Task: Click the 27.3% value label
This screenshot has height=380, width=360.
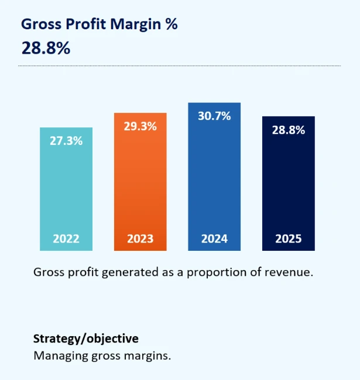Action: [x=66, y=141]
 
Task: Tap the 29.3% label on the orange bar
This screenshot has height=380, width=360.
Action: [x=140, y=126]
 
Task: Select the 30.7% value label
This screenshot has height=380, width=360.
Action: [x=214, y=116]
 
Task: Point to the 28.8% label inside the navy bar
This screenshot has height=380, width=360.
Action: [x=288, y=130]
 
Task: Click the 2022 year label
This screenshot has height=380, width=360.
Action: [x=66, y=239]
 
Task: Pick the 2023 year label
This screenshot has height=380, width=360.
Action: [x=140, y=239]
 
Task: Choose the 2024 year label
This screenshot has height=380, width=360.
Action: [x=214, y=239]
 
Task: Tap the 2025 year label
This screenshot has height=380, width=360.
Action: [x=288, y=239]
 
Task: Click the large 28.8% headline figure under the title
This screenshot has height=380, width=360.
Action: [x=46, y=48]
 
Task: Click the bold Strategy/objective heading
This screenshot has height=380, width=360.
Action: [x=86, y=338]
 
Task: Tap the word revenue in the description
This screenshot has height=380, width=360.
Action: [x=292, y=272]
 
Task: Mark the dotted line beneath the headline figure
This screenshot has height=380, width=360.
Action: [x=179, y=66]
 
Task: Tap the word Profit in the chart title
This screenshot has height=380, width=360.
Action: [x=83, y=24]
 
